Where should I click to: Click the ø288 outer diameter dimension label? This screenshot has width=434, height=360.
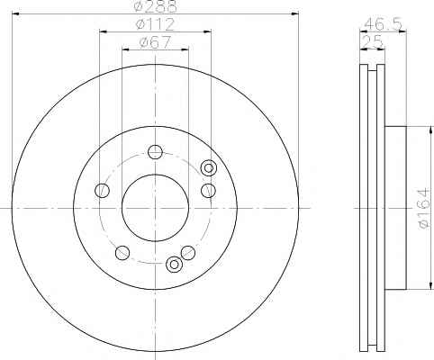click(156, 6)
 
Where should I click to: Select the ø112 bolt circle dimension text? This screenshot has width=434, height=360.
click(155, 24)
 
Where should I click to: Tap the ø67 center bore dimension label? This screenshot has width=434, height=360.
click(155, 42)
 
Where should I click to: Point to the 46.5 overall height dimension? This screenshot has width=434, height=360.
click(383, 24)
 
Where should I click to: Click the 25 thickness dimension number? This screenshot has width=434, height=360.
click(372, 41)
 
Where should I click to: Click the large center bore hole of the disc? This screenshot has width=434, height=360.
click(155, 208)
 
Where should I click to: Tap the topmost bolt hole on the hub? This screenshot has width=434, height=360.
click(155, 152)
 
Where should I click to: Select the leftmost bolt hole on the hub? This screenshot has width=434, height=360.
click(102, 190)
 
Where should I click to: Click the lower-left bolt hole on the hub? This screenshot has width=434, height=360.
click(122, 253)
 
